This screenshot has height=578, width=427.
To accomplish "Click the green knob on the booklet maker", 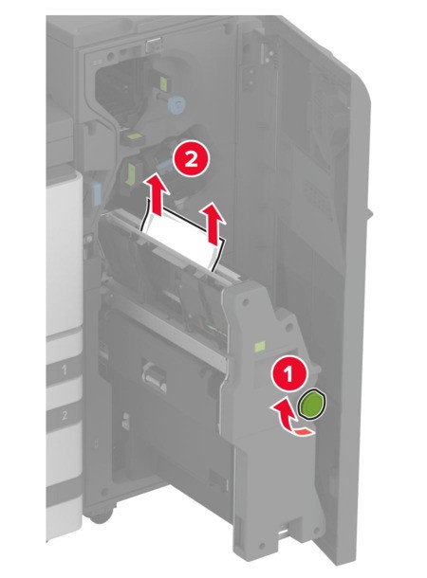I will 311,406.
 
